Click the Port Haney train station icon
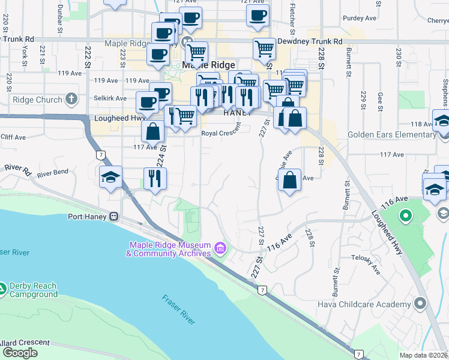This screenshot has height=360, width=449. (x=113, y=217)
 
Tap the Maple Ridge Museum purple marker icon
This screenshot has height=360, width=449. (x=220, y=248)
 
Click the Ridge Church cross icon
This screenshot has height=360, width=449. (x=71, y=100)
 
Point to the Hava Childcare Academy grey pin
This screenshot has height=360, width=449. (x=420, y=305)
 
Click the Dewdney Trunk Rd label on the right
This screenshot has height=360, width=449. (x=310, y=42)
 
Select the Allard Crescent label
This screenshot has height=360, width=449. (x=25, y=343)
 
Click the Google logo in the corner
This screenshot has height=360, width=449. (x=20, y=353)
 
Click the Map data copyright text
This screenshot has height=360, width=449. (x=424, y=355)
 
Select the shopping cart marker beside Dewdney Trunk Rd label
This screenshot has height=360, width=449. (x=264, y=50)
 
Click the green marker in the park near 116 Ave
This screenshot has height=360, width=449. (x=405, y=215)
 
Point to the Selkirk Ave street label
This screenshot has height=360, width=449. (x=111, y=98)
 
